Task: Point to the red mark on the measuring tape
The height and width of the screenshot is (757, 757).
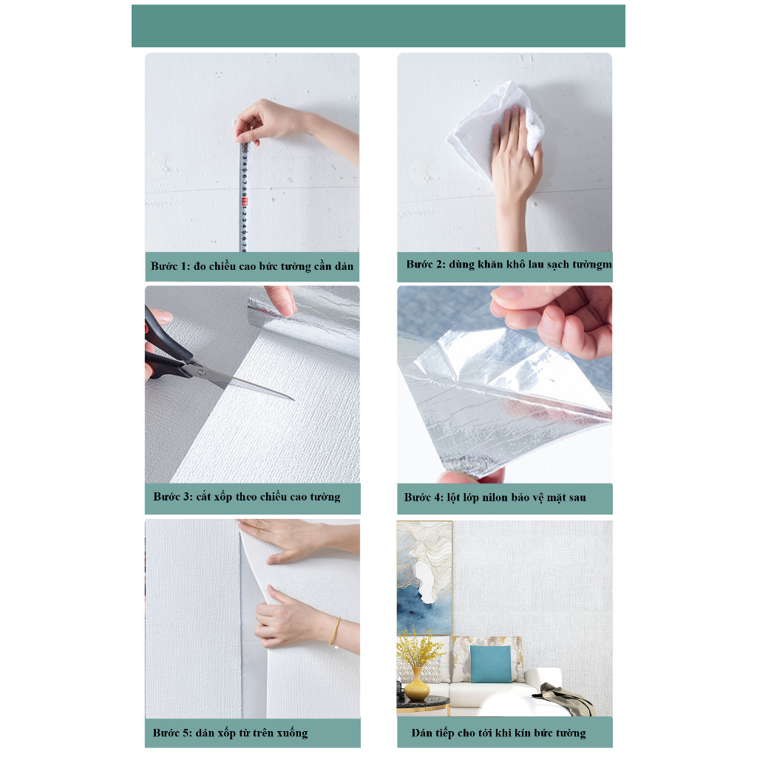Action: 244,203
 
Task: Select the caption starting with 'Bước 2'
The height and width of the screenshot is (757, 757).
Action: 509,265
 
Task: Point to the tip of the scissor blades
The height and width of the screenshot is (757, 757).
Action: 293,400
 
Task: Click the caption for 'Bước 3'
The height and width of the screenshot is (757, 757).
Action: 247,497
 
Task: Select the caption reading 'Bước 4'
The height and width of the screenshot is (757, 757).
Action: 495,498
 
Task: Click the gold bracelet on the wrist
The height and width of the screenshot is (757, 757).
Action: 335,631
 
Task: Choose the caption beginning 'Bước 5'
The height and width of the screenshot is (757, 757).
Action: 230,733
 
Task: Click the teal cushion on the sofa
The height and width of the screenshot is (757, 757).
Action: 491,665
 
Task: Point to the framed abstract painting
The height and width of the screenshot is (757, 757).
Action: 424,577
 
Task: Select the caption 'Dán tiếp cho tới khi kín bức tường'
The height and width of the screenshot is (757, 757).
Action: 499,733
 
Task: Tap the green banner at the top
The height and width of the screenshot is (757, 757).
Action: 378,26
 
